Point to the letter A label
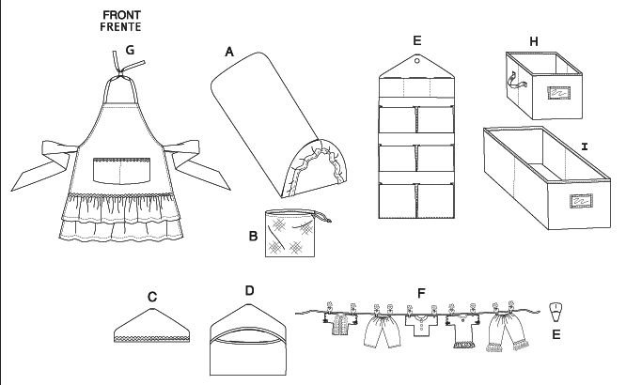coord(228,53)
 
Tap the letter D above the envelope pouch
coord(249,291)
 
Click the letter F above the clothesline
coord(421,294)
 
